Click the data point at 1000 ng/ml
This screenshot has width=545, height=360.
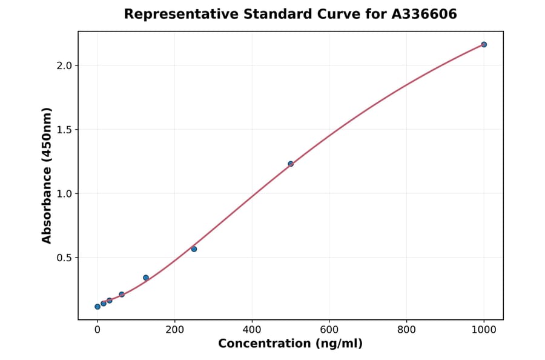pos(484,44)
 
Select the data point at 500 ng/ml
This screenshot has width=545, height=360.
pos(291,164)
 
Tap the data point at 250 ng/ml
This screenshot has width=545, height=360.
pos(194,249)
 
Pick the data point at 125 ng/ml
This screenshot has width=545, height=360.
pos(146,278)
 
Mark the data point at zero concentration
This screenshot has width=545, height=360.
pos(97,307)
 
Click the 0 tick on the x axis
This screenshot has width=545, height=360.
pos(97,330)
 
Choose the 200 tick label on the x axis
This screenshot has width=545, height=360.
pos(175,330)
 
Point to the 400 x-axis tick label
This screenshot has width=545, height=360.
pos(252,330)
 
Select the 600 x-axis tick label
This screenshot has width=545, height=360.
pos(329,330)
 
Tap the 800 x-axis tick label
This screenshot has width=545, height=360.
pos(406,330)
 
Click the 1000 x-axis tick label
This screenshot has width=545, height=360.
pos(484,330)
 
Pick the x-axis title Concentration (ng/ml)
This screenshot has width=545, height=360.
pos(290,344)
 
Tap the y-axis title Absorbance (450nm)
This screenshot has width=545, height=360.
pos(47,176)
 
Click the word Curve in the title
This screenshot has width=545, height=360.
pos(337,14)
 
